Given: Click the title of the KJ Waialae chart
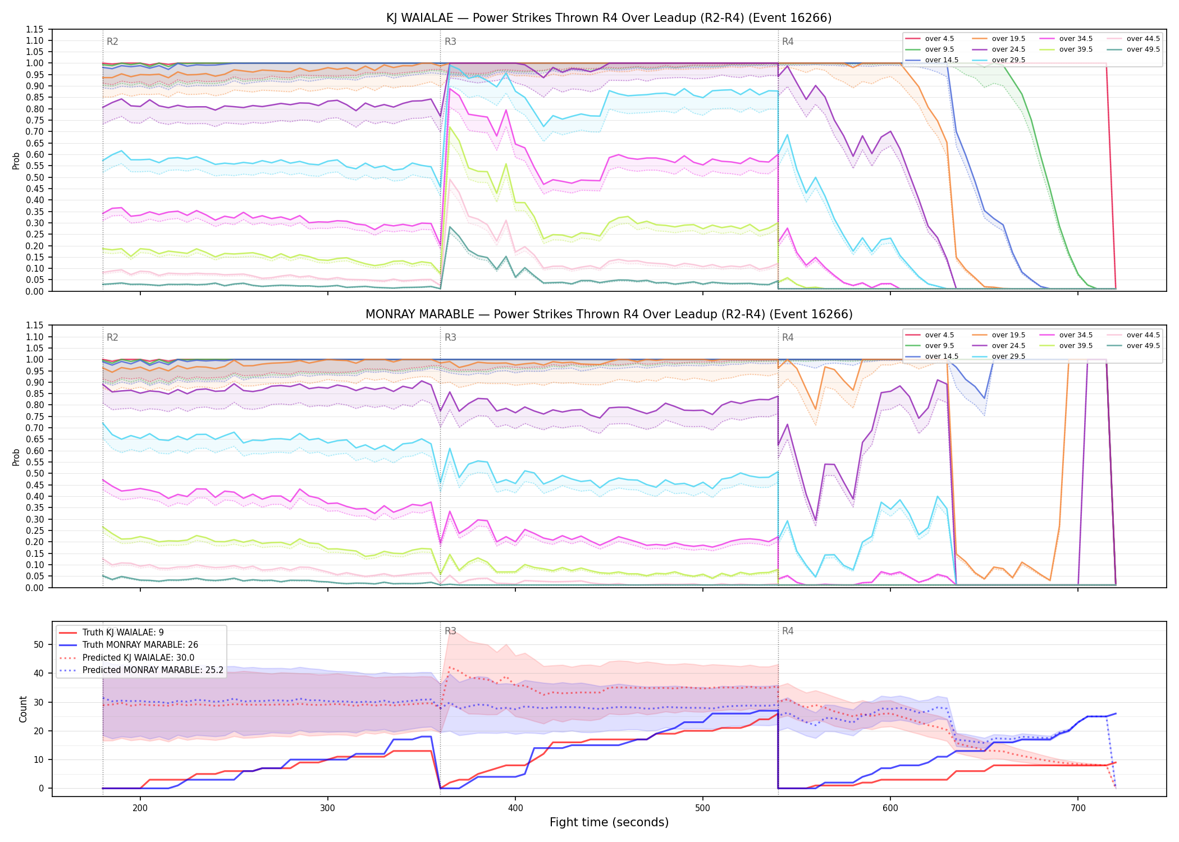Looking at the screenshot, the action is pyautogui.click(x=609, y=18).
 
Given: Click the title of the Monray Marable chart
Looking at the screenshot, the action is pyautogui.click(x=609, y=314).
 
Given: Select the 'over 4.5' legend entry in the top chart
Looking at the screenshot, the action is pyautogui.click(x=929, y=39).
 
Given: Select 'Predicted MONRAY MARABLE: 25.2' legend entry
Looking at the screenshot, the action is pyautogui.click(x=141, y=670).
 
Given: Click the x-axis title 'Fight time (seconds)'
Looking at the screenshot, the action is pyautogui.click(x=609, y=822).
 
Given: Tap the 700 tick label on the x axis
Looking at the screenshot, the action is pyautogui.click(x=1078, y=808).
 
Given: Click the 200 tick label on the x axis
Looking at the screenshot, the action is pyautogui.click(x=140, y=808).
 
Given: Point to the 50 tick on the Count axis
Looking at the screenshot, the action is pyautogui.click(x=39, y=644).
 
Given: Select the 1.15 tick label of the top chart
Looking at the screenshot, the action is pyautogui.click(x=35, y=29).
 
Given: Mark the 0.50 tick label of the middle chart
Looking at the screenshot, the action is pyautogui.click(x=35, y=474).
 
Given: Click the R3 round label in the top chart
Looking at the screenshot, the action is pyautogui.click(x=450, y=42).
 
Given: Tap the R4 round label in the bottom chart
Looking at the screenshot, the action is pyautogui.click(x=788, y=631).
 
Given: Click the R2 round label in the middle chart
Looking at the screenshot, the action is pyautogui.click(x=112, y=337).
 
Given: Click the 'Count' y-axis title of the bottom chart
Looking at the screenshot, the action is pyautogui.click(x=23, y=709).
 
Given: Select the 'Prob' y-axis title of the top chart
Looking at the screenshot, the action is pyautogui.click(x=16, y=161).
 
